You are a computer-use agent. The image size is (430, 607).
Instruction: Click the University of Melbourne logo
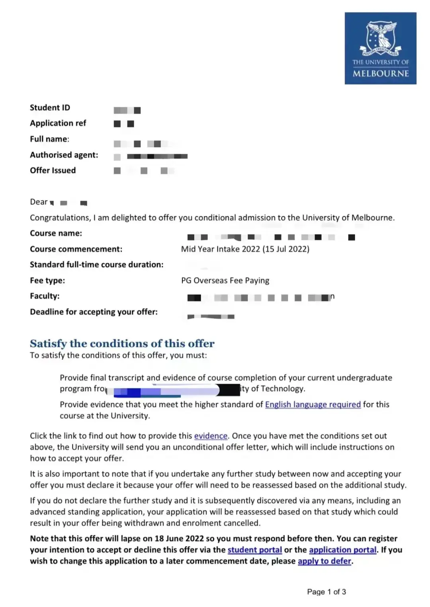[x=380, y=48]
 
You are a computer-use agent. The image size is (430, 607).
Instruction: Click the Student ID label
[x=50, y=107]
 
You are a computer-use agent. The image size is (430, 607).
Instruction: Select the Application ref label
[x=58, y=123]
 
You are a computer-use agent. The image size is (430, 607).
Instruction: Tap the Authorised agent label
[x=64, y=155]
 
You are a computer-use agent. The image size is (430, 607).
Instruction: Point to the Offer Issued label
[x=53, y=170]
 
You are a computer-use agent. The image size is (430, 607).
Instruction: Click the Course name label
[x=56, y=233]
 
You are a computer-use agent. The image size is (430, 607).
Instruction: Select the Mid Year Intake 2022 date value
[x=245, y=249]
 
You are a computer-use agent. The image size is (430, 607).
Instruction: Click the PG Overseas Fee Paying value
[x=225, y=281]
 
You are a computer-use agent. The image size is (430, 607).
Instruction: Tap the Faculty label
[x=45, y=296]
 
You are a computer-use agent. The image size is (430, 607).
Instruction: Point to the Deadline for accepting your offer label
[x=94, y=312]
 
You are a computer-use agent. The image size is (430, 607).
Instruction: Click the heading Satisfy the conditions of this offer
[x=122, y=344]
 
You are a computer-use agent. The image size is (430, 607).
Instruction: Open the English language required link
[x=313, y=405]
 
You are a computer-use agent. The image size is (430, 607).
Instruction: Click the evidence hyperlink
[x=211, y=436]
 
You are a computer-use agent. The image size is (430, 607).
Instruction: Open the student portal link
[x=254, y=550]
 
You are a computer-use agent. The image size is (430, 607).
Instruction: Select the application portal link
[x=342, y=550]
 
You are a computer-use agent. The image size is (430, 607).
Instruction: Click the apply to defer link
[x=324, y=561]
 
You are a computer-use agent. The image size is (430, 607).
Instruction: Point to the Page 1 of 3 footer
[x=326, y=592]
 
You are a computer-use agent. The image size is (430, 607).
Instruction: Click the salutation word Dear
[x=39, y=202]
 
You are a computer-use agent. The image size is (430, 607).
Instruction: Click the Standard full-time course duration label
[x=96, y=265]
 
